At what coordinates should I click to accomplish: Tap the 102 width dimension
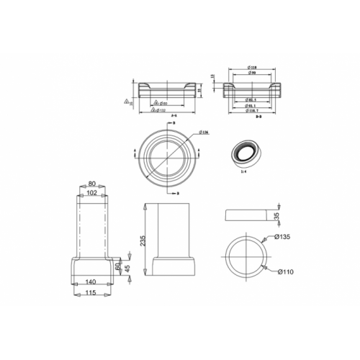tap(92, 193)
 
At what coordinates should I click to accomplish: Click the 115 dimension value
tap(91, 294)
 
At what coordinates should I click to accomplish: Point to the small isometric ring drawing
tap(246, 153)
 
